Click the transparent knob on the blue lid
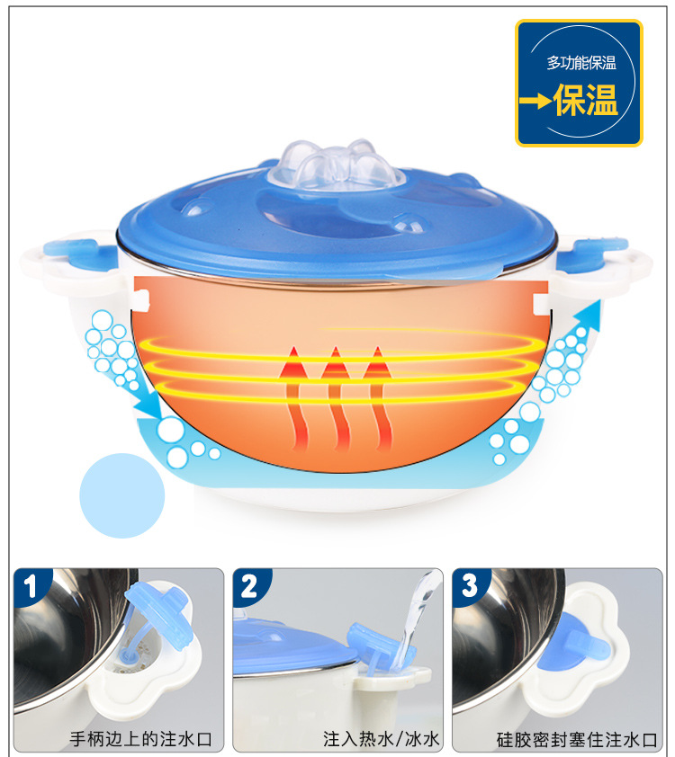(337, 165)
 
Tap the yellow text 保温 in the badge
(586, 100)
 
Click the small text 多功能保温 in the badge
(581, 63)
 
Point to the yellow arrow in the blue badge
(535, 101)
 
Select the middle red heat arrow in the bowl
(337, 399)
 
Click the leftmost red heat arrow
(293, 399)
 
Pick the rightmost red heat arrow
(379, 399)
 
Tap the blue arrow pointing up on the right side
(586, 316)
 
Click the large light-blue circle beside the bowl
(121, 495)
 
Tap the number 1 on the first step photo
(31, 586)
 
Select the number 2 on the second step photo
(249, 586)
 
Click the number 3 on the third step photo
(469, 586)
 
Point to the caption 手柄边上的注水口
(140, 739)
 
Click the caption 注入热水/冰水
(382, 739)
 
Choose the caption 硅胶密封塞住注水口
(577, 740)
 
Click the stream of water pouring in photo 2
(415, 618)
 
